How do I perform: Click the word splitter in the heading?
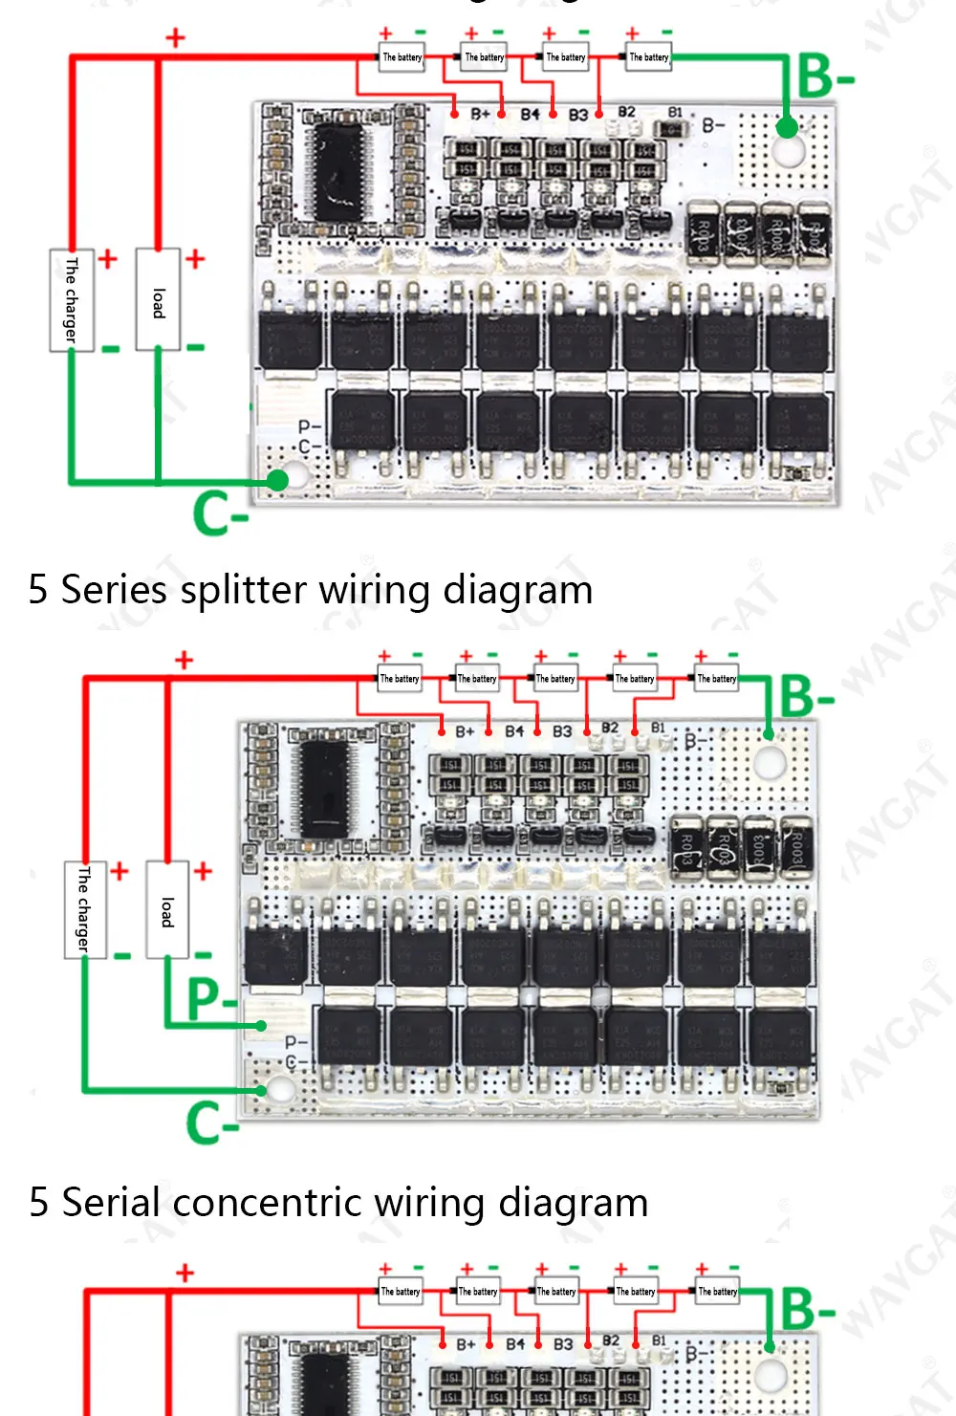coord(243,591)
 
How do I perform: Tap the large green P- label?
coord(212,998)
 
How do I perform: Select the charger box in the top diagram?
coord(72,299)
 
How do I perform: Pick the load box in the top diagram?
coord(158,299)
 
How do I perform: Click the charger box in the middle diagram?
coord(85,909)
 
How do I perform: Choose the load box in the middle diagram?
coord(167,909)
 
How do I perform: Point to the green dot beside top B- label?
coord(786,126)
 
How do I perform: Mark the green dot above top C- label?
coord(277,480)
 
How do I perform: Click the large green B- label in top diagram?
coord(824,76)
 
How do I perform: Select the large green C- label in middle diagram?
coord(212,1122)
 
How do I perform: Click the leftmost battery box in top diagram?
coord(402,57)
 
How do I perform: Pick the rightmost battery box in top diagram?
coord(649,57)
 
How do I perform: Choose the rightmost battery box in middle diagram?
coord(716,679)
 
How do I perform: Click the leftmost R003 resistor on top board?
coord(704,231)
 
